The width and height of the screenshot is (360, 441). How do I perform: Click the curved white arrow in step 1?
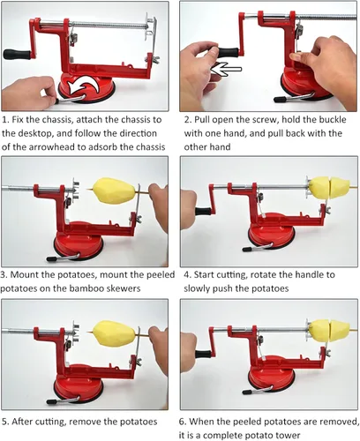pos(83,85)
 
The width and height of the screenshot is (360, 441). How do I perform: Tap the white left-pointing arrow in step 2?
pos(227,69)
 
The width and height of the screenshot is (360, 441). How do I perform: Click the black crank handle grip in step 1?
pos(17,54)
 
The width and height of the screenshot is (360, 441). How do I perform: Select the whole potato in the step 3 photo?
pos(115,190)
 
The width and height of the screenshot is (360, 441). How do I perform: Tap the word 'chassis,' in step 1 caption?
pos(57,120)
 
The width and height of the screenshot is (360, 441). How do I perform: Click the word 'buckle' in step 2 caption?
pos(331,120)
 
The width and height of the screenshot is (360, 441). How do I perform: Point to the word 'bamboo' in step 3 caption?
pos(87,288)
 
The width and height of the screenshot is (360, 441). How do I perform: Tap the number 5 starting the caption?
pos(4,422)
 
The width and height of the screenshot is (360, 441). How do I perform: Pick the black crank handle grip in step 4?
pos(203,212)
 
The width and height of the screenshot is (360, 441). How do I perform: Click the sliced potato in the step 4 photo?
pos(329,187)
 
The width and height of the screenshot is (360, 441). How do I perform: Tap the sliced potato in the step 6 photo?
pos(329,330)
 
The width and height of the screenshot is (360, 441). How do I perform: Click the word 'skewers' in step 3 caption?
pos(124,288)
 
